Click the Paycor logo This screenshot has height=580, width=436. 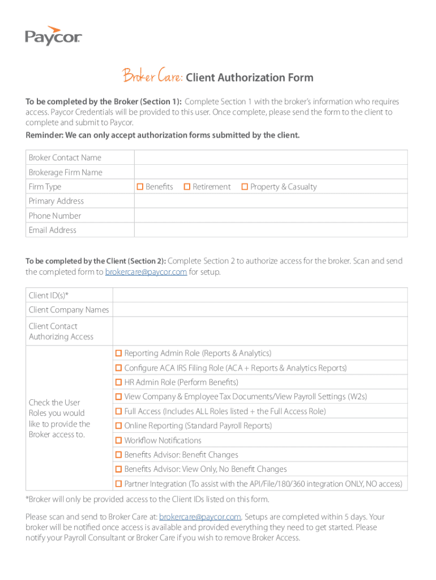pos(53,36)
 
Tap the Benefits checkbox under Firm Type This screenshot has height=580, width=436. pos(140,186)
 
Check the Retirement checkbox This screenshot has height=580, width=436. pos(187,186)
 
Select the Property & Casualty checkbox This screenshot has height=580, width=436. pos(245,186)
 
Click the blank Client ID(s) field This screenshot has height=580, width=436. pos(260,295)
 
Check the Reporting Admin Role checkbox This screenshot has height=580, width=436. pos(119,353)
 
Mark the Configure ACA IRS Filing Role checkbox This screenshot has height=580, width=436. pos(119,368)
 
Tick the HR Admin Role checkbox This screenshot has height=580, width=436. pos(119,382)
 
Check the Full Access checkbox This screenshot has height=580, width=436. pos(119,411)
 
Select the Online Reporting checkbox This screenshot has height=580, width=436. pos(119,425)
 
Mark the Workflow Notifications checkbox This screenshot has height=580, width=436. pos(119,440)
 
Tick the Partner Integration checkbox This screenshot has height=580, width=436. pos(119,484)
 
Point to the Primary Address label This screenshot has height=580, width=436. pos(56,201)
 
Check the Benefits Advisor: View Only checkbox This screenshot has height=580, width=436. pos(119,469)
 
